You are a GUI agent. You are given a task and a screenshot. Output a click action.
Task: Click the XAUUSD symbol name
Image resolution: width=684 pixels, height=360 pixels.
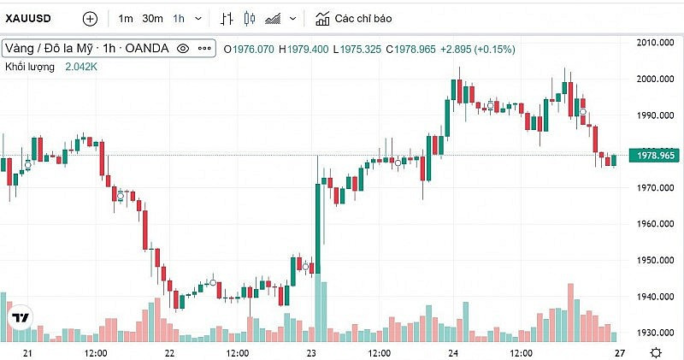click(x=32, y=18)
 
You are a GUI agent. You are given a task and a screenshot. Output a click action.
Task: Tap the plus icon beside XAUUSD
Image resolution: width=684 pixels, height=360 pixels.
click(x=91, y=18)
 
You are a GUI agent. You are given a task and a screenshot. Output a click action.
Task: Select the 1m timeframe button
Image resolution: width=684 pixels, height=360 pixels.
click(x=126, y=18)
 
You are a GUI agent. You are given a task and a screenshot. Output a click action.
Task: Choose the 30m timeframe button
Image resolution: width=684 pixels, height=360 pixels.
click(x=152, y=18)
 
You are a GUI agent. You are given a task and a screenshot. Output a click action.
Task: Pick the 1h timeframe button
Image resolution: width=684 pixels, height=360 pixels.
click(x=179, y=18)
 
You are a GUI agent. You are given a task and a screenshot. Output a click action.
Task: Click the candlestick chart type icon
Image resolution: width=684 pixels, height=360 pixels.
click(x=250, y=18)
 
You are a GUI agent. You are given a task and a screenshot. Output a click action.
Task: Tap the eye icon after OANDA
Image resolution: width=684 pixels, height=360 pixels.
click(x=182, y=49)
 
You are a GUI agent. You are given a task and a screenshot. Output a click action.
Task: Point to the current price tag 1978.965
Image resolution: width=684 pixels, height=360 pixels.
click(x=653, y=155)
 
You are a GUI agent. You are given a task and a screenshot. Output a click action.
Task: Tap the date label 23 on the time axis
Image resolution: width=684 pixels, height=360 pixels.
click(x=311, y=352)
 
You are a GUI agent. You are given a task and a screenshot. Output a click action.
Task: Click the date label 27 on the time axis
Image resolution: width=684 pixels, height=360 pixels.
click(x=621, y=352)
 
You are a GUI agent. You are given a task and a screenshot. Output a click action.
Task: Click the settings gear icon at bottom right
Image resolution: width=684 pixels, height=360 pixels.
click(x=655, y=352)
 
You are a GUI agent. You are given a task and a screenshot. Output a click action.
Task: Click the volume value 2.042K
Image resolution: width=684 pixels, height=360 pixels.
click(x=81, y=66)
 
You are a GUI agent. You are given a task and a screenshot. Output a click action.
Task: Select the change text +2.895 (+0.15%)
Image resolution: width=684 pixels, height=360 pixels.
click(x=477, y=49)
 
